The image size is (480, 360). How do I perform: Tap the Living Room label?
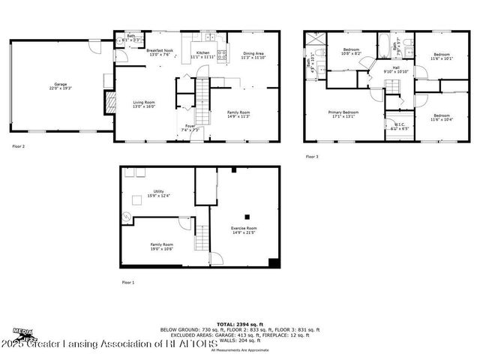[143, 104]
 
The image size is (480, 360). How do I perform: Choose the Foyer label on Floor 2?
[190, 127]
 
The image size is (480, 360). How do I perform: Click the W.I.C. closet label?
[400, 127]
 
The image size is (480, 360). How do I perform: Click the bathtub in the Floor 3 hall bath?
[378, 45]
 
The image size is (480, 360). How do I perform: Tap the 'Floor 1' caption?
[127, 282]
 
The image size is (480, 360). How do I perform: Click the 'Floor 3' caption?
[311, 157]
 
